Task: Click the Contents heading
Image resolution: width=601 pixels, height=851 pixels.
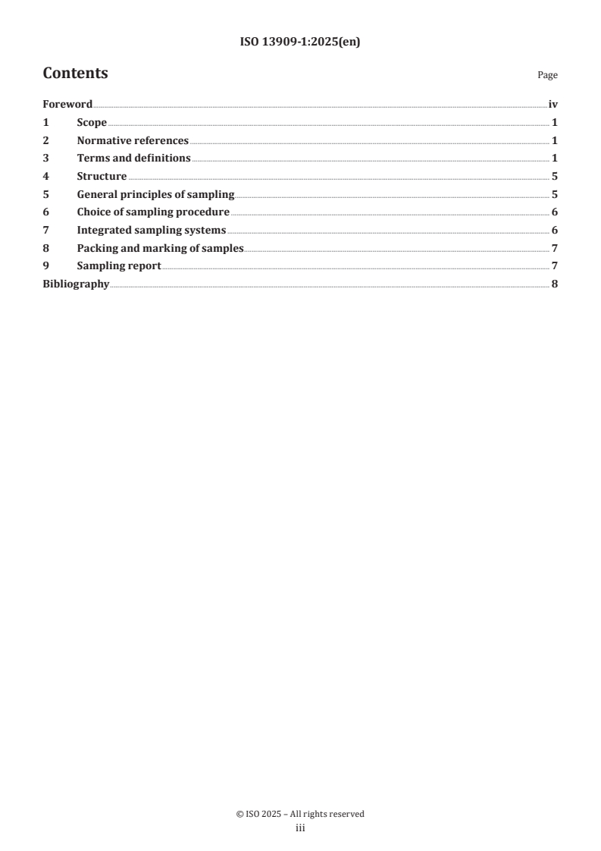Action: click(75, 74)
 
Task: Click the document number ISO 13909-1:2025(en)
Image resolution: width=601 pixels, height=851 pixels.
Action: click(300, 42)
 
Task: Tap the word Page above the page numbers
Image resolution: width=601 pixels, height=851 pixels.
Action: click(547, 75)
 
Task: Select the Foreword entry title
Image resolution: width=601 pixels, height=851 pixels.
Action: click(67, 105)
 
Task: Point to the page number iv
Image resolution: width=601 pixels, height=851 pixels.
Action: click(552, 105)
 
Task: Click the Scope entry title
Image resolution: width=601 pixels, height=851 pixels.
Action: click(92, 123)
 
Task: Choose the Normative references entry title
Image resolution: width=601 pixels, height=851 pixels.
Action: click(133, 140)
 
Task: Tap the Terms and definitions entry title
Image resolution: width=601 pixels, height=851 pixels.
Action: click(133, 159)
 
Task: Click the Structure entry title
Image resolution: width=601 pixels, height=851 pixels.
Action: click(102, 177)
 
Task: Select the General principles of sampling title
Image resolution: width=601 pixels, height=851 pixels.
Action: click(155, 195)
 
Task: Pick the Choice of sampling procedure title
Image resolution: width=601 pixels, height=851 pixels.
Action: click(153, 212)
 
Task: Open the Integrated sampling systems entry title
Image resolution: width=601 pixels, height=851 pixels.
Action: click(152, 231)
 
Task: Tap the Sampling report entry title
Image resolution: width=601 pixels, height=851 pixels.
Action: click(119, 266)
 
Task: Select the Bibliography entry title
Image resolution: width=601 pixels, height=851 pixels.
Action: click(76, 284)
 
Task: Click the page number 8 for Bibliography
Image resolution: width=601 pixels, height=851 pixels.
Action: click(555, 284)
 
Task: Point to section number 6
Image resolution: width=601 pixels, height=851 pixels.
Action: click(45, 212)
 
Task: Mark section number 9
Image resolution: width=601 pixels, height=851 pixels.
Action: click(45, 266)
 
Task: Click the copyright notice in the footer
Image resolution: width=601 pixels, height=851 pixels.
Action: click(300, 814)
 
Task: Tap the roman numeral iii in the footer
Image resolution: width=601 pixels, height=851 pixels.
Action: click(300, 828)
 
